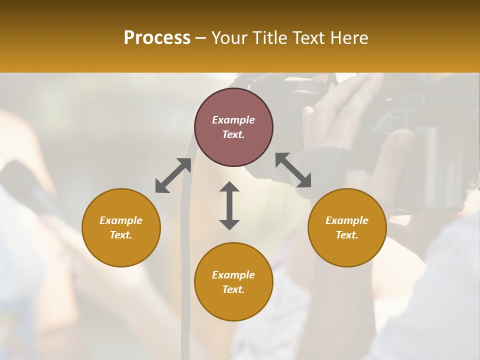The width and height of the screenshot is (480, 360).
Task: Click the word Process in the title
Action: coord(157,38)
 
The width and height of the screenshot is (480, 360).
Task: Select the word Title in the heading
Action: coord(270,38)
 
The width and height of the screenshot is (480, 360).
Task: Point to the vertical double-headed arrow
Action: coord(229,205)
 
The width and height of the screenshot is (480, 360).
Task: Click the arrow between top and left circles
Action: coord(173,175)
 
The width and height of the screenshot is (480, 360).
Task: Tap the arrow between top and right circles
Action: coord(293,170)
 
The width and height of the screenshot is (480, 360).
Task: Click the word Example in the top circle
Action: coord(233,120)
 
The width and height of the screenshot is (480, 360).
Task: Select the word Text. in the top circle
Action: coord(233,134)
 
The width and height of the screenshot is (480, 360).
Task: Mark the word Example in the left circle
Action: coord(121,220)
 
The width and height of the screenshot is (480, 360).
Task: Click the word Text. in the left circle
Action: coord(121,235)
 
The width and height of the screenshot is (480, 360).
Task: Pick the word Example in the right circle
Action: coord(347,220)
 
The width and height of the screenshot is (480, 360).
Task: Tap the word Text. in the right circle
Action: coord(347,235)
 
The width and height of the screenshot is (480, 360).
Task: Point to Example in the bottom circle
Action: coord(233,275)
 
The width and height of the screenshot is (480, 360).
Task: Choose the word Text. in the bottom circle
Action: coord(233,289)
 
